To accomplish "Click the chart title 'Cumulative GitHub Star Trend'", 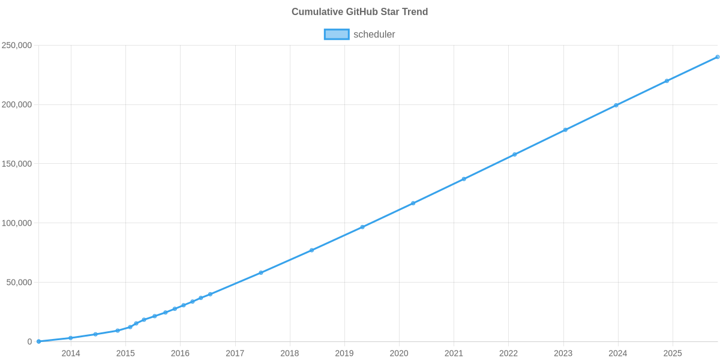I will [359, 12].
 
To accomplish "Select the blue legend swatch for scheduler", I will [336, 34].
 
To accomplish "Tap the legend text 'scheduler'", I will [374, 34].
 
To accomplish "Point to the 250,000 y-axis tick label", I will [17, 46].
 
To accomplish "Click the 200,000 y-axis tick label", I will [17, 105].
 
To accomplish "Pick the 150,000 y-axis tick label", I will [17, 164].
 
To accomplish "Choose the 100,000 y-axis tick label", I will [17, 223].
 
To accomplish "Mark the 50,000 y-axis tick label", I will [19, 283].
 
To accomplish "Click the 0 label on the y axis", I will [29, 342].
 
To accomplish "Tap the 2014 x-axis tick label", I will [71, 353].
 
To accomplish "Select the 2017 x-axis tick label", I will [235, 353].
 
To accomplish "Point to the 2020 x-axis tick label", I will [399, 353].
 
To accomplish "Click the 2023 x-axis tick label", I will [563, 353].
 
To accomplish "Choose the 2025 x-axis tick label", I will [673, 353].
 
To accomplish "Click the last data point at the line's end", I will [717, 57].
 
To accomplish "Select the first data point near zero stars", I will [38, 341].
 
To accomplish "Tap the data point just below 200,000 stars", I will [616, 106].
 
